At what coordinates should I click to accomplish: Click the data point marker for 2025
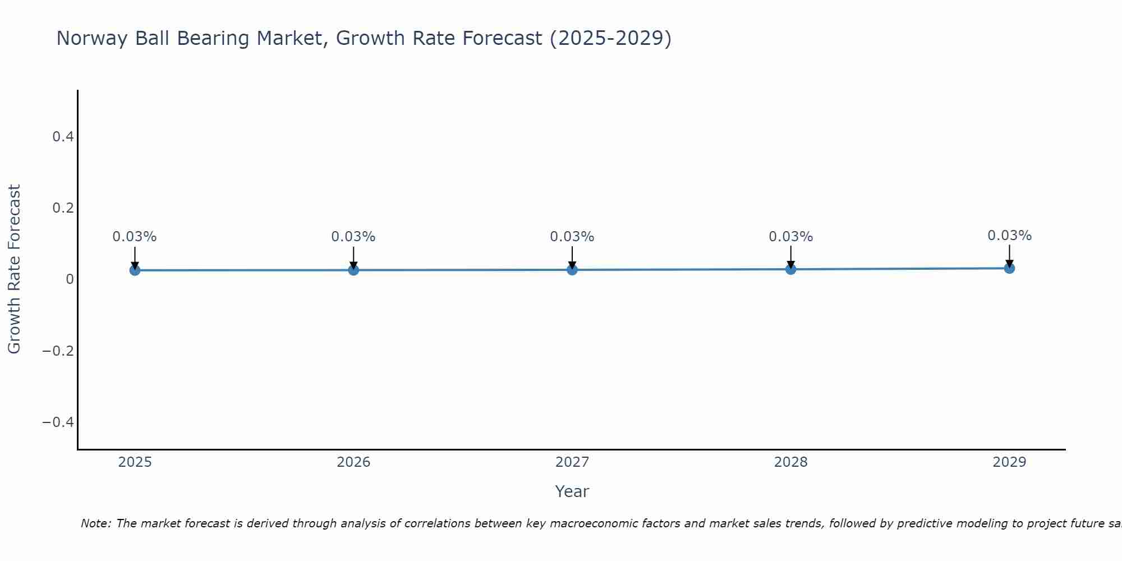pos(135,270)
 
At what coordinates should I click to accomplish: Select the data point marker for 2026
pos(353,270)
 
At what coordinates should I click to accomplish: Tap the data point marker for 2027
pos(572,269)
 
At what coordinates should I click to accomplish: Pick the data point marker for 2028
pos(790,269)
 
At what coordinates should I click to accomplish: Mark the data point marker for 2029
pos(1009,268)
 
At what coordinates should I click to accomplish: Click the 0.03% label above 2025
pos(135,237)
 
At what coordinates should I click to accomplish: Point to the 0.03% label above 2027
pos(572,237)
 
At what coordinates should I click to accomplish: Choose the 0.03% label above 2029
pos(1009,236)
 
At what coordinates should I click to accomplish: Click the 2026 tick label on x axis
pos(353,462)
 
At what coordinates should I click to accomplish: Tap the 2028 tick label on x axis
pos(790,462)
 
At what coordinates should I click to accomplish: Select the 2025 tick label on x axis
pos(135,462)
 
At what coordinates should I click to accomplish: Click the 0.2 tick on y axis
pos(63,208)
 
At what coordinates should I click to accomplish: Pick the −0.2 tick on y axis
pos(58,351)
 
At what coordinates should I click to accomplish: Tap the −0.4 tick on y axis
pos(58,422)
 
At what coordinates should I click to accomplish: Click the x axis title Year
pos(572,491)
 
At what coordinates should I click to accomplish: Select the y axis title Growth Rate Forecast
pos(14,269)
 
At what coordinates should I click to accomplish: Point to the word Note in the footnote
pos(95,523)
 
